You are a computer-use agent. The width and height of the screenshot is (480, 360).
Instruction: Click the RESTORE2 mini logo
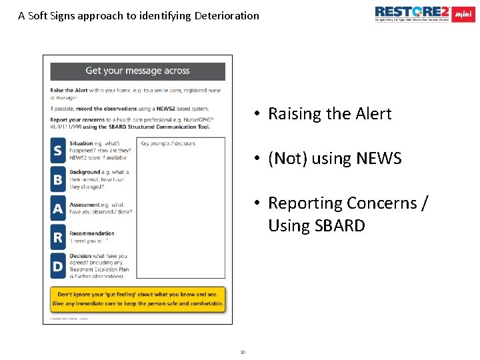425,14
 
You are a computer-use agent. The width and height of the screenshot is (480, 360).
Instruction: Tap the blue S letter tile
58,151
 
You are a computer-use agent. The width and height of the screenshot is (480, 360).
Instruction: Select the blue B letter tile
58,179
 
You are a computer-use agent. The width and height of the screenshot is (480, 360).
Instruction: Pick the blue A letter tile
58,209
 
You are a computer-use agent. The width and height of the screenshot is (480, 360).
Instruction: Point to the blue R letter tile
58,237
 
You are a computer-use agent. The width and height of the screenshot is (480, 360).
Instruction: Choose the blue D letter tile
58,267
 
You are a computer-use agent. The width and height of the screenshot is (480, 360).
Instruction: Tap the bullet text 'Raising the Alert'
329,114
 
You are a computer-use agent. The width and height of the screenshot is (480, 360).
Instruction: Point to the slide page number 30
243,352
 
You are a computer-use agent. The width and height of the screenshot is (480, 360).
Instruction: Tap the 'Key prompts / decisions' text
168,143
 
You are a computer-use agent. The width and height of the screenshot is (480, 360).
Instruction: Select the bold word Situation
81,143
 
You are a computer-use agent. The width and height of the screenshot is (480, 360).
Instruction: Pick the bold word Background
85,173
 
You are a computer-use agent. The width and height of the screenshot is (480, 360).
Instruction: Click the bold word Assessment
85,205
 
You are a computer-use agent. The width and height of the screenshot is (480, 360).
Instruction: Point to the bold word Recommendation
92,233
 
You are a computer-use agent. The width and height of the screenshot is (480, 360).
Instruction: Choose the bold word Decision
81,256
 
